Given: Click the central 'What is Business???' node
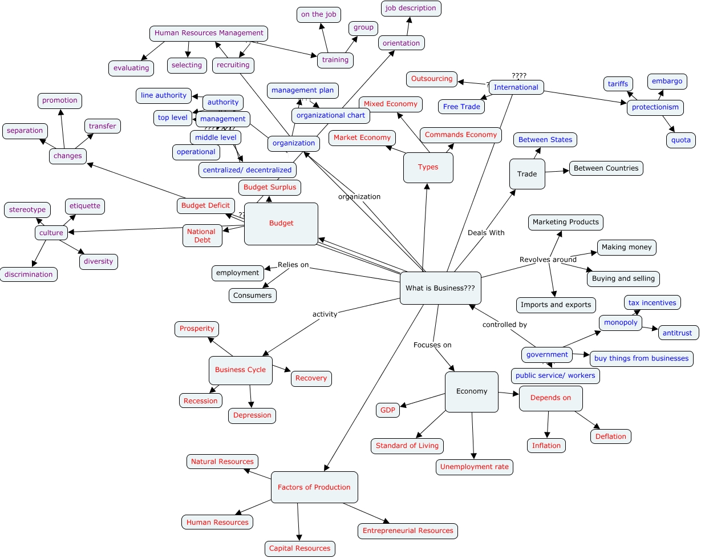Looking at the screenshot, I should (440, 288).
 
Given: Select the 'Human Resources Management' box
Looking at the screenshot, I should (209, 33).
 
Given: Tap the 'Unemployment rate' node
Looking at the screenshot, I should (474, 467).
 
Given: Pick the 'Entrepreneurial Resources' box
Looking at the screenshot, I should (408, 531).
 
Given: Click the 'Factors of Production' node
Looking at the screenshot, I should (314, 487).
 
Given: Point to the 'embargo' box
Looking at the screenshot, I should (667, 81).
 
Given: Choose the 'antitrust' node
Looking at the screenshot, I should (678, 333).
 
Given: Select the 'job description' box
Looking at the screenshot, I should (411, 9).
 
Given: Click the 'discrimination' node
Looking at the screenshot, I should (29, 274).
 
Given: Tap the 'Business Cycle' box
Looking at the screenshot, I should (240, 370).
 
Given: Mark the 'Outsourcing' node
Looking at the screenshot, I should (432, 79).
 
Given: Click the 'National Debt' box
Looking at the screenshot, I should (202, 236).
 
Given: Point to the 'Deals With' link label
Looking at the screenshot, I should (486, 233).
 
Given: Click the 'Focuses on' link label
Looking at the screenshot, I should (432, 345).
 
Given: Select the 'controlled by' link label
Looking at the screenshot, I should (504, 325).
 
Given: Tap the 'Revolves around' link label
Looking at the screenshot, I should (548, 260).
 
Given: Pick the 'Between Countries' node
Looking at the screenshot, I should (606, 168).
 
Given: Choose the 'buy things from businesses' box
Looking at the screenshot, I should (641, 358).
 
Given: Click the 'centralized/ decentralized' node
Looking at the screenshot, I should (247, 170).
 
